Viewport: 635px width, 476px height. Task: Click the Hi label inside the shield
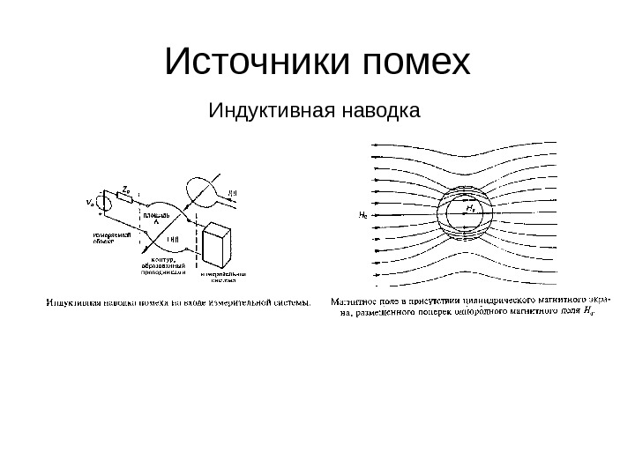(472, 209)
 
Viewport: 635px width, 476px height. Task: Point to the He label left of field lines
(362, 214)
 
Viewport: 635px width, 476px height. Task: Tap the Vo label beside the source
(90, 202)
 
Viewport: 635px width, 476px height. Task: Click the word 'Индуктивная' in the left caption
(71, 305)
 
